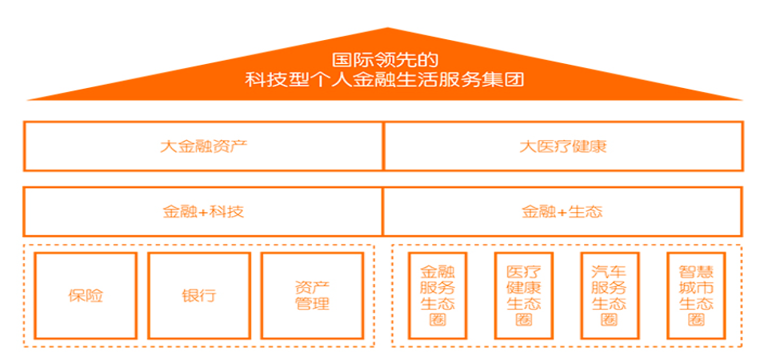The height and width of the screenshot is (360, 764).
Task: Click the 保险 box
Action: coord(86,295)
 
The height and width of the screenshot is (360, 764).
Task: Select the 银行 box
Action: coord(198,295)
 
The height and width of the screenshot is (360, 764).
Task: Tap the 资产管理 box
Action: coord(312,295)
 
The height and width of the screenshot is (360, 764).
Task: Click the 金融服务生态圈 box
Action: coord(438,295)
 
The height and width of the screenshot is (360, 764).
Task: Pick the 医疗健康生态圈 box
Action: coord(523,295)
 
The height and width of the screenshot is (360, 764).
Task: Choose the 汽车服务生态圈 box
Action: coord(609,295)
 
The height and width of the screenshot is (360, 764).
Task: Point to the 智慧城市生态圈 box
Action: coord(695,295)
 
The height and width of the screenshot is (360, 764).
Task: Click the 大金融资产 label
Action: coord(203,146)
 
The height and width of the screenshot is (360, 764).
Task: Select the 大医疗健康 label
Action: coord(562,146)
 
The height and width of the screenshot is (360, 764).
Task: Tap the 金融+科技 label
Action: coord(203,212)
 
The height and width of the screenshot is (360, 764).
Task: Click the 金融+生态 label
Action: coord(562,212)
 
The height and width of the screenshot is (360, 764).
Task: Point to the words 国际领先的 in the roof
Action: coord(385,59)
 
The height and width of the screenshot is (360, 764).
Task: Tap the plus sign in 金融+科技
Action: coord(203,213)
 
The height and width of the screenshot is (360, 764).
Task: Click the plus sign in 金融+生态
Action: coord(562,213)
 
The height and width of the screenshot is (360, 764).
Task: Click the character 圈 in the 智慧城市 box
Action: coord(695,320)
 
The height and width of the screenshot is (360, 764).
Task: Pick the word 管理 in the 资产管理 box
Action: coord(312,305)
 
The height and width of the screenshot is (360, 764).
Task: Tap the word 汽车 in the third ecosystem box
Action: coord(609,271)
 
